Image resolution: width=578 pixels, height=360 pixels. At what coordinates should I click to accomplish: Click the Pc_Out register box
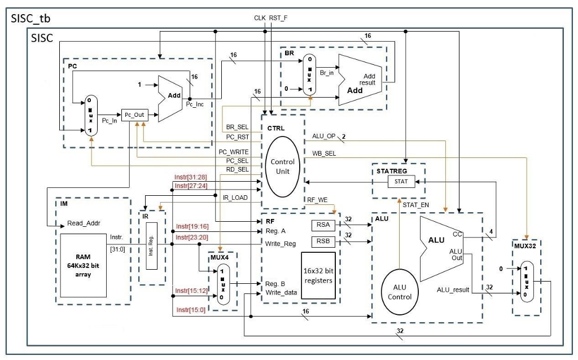pos(134,115)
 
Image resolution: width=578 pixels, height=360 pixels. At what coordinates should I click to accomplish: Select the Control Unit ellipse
pos(282,166)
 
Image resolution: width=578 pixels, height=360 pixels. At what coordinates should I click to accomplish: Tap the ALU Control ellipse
pos(399,292)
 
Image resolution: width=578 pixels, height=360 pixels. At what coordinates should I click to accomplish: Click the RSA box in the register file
pos(323,225)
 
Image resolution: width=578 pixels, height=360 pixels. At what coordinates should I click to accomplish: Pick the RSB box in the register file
pos(323,241)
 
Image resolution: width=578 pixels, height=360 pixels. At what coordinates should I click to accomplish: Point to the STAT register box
pos(401,181)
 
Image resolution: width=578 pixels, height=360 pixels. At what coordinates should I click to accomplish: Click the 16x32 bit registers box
pos(318,275)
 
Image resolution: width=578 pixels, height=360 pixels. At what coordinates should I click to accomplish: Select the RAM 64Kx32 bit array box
pos(84,265)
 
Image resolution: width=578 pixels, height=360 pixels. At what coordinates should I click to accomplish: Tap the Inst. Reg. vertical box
pos(151,246)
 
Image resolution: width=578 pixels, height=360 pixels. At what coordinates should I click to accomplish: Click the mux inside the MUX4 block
pos(222,284)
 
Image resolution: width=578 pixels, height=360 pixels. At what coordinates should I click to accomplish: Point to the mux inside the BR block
pos(310,75)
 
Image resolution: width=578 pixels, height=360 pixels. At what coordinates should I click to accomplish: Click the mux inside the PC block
pos(91,116)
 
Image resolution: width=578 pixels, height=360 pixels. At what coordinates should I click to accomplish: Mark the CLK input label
pos(260,17)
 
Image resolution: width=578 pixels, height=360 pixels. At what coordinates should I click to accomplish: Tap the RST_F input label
pos(278,17)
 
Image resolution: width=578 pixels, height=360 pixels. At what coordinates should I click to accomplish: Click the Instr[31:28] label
pos(191,177)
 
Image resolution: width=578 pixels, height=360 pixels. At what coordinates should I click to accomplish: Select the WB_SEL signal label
pos(324,153)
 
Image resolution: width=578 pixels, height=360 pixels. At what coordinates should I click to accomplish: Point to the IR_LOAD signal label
pos(235,197)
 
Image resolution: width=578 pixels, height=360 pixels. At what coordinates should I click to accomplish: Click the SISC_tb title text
pos(30,19)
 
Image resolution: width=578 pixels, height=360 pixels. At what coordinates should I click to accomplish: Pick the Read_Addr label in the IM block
pos(84,223)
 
